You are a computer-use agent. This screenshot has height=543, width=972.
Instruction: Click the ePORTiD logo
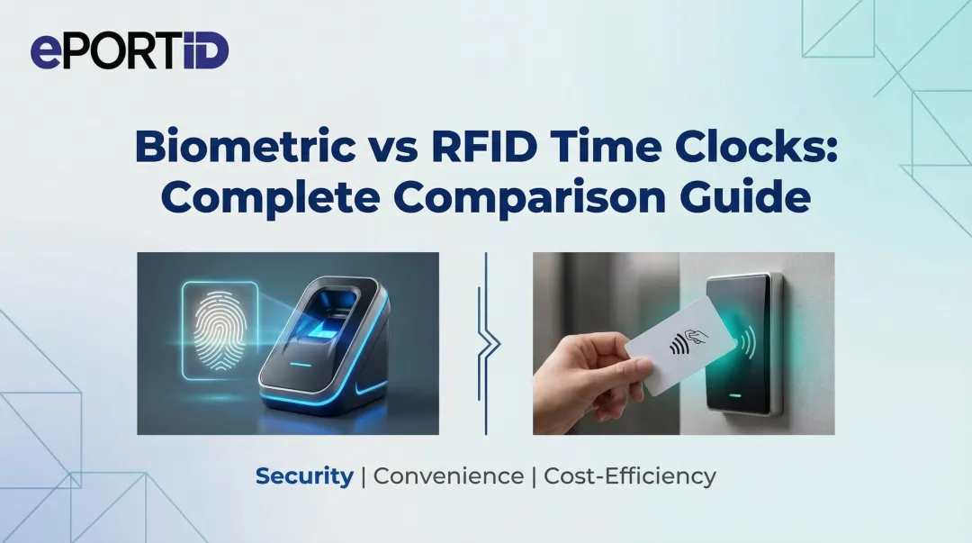pyautogui.click(x=130, y=51)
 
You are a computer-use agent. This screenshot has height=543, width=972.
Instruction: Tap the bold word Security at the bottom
pyautogui.click(x=304, y=476)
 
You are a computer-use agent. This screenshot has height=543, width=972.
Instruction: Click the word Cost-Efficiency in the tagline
pyautogui.click(x=630, y=476)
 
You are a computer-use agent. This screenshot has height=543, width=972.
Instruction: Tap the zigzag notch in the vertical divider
pyautogui.click(x=487, y=343)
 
